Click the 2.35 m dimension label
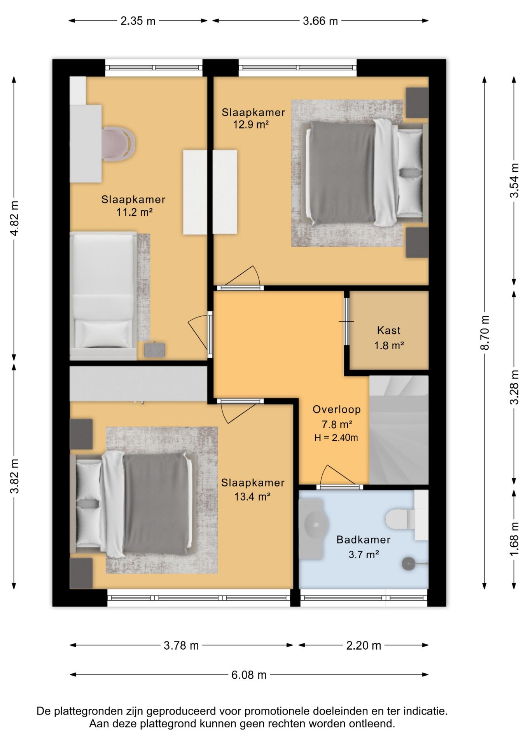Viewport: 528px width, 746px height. coord(138,21)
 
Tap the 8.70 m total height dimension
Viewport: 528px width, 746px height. coord(484,333)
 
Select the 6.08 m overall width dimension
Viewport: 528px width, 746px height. coord(249,675)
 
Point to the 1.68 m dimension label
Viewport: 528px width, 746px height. coord(514,539)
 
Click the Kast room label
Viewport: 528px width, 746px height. coord(388,331)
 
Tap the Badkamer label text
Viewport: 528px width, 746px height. coord(363,539)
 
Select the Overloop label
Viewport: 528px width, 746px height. coord(337,409)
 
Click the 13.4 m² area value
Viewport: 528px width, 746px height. coord(252,497)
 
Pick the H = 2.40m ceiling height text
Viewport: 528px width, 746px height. coord(336,437)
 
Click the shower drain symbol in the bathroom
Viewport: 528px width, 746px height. coord(409,563)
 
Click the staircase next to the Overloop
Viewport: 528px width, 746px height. coord(399,430)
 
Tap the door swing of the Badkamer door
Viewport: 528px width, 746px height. coord(337,475)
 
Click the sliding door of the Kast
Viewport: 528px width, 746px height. coord(346,321)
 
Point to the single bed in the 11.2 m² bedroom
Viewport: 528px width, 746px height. coord(103,296)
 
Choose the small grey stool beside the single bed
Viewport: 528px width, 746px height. coord(154,350)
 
